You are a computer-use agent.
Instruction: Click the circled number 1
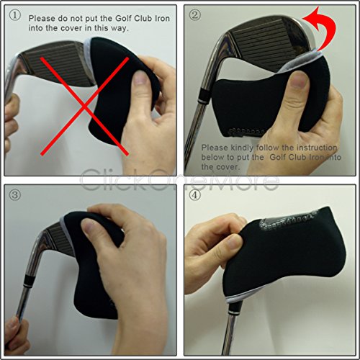click(x=15, y=16)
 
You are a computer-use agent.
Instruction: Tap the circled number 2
click(x=194, y=15)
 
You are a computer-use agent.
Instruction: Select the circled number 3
click(x=15, y=194)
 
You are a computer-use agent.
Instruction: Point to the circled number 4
click(x=194, y=194)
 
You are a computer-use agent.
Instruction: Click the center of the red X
click(x=84, y=106)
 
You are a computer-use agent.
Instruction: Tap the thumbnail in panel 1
click(x=140, y=78)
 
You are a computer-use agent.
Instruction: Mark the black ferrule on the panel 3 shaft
click(x=29, y=280)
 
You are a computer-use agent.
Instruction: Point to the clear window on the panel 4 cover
click(x=288, y=221)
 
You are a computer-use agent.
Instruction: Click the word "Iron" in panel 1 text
click(x=162, y=19)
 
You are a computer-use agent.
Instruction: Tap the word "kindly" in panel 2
click(x=242, y=148)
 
